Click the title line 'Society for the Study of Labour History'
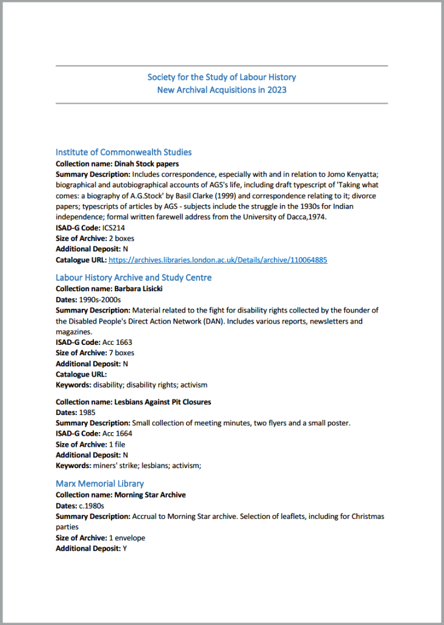coord(221,77)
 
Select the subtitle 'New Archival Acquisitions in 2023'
coord(221,90)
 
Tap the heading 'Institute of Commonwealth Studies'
coord(123,152)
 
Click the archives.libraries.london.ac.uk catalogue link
coord(218,259)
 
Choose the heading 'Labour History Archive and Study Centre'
coord(134,278)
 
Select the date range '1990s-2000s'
coord(100,299)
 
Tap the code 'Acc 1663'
coord(117,342)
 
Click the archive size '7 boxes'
coord(121,353)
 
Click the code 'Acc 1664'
coord(117,433)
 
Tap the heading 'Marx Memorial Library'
coord(99,484)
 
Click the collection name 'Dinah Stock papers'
coord(146,164)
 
